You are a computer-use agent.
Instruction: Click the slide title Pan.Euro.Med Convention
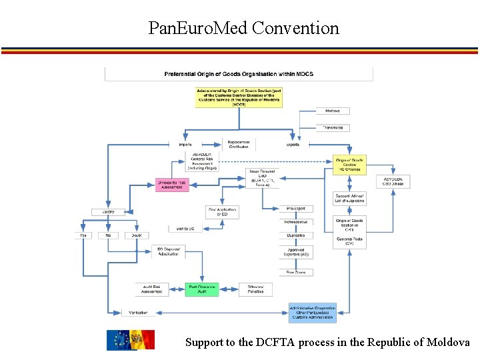pyautogui.click(x=243, y=28)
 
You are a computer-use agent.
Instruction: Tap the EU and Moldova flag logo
pyautogui.click(x=131, y=340)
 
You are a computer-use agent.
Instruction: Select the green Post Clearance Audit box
pyautogui.click(x=201, y=289)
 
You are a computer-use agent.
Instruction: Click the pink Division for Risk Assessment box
pyautogui.click(x=173, y=185)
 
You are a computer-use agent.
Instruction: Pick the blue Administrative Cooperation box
pyautogui.click(x=313, y=313)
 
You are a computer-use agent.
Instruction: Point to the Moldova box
pyautogui.click(x=333, y=111)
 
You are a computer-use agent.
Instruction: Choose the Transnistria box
pyautogui.click(x=333, y=127)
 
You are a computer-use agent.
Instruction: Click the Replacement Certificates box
pyautogui.click(x=238, y=144)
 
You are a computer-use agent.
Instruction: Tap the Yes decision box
pyautogui.click(x=83, y=235)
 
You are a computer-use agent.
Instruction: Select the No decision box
pyautogui.click(x=108, y=235)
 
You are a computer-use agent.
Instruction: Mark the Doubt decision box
pyautogui.click(x=137, y=235)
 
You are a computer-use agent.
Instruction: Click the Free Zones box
pyautogui.click(x=295, y=272)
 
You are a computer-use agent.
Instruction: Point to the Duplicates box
pyautogui.click(x=295, y=235)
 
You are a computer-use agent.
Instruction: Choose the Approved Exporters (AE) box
pyautogui.click(x=295, y=252)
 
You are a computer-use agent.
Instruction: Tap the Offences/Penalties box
pyautogui.click(x=255, y=289)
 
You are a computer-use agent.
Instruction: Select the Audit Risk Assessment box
pyautogui.click(x=152, y=289)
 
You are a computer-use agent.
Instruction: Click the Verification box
pyautogui.click(x=139, y=312)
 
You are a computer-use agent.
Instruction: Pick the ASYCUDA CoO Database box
pyautogui.click(x=393, y=181)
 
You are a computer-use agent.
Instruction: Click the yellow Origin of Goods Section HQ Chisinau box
pyautogui.click(x=350, y=165)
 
